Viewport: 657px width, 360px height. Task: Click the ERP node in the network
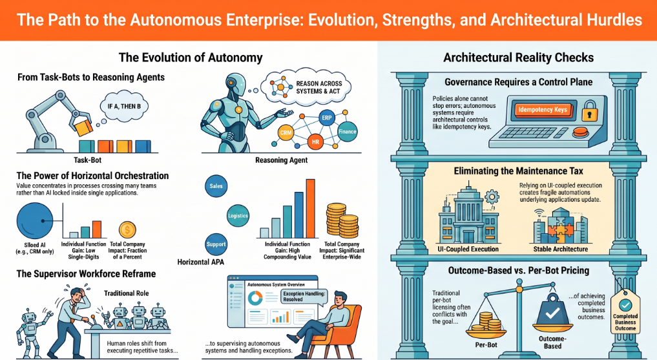326,118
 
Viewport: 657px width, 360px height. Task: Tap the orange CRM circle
286,133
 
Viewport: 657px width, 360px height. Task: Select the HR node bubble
315,142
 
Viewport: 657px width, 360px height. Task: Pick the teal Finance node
348,131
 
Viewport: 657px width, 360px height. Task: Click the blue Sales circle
216,186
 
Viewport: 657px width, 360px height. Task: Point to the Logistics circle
238,216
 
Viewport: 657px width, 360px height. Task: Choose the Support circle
216,244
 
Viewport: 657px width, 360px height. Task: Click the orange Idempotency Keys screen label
543,110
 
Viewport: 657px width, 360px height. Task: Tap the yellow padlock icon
589,111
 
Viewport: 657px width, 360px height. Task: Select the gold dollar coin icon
127,230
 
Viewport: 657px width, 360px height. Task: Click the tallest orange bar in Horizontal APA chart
311,209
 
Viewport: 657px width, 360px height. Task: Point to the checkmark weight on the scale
552,311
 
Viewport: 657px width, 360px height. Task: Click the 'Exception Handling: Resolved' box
304,296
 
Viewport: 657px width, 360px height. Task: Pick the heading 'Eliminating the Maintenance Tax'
518,171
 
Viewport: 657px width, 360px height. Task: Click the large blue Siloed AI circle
35,221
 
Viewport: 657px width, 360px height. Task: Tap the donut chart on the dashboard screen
255,297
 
